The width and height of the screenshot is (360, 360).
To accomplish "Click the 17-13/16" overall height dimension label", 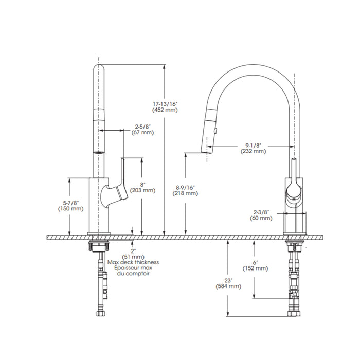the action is point(165,104).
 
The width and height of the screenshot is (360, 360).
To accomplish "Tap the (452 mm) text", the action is point(165,110).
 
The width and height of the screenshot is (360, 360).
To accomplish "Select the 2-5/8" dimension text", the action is point(142,127).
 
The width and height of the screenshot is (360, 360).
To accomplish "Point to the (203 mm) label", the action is point(142,190).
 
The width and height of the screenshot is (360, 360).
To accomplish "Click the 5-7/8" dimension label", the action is point(71,203).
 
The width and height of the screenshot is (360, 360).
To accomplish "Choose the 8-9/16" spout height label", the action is point(185,188).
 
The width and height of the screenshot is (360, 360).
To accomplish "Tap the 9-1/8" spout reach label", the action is point(254,146).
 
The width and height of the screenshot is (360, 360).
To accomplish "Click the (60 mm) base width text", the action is point(261,218).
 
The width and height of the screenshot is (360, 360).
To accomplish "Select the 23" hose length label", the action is point(229,280).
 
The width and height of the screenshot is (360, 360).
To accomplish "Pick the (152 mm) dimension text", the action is point(255,268).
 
